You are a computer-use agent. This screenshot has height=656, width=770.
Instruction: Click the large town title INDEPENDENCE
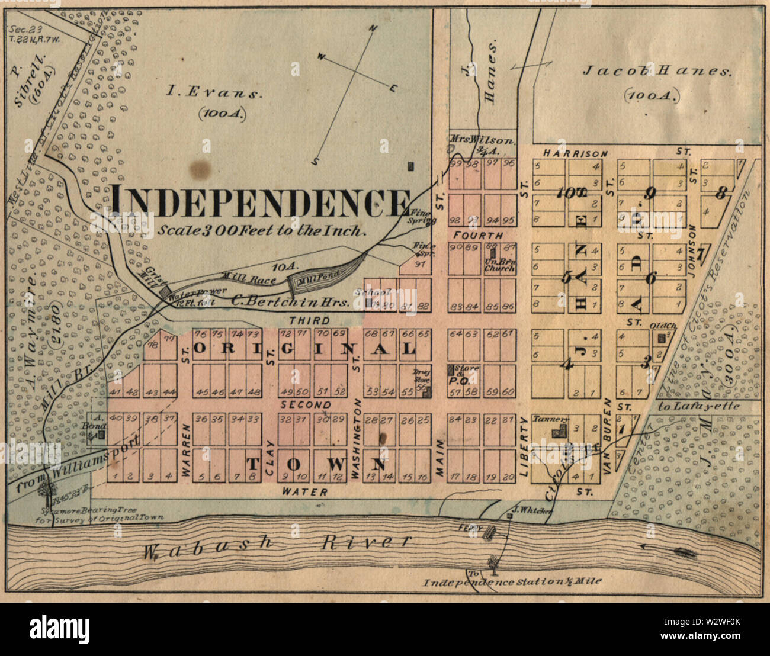point(261,202)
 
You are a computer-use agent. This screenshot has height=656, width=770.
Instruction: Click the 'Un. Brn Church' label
point(499,263)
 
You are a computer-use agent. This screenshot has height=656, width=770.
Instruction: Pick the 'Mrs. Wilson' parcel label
point(483,141)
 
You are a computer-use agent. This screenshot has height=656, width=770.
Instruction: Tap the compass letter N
point(373,28)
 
